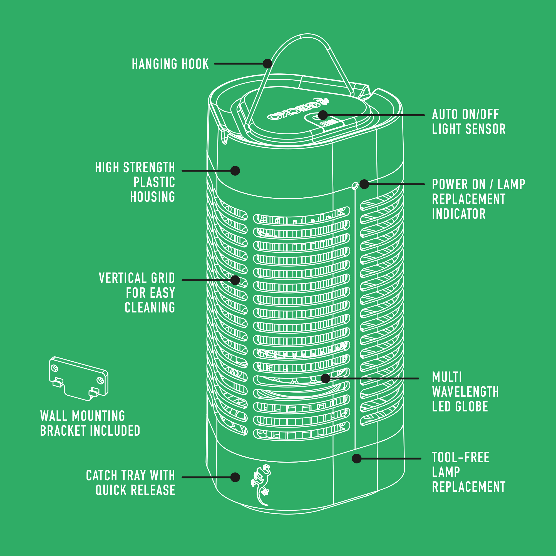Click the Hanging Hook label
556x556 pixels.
pyautogui.click(x=170, y=64)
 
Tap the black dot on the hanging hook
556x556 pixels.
pyautogui.click(x=268, y=64)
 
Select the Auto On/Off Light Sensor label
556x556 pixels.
pyautogui.click(x=468, y=122)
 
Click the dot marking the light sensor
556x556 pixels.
pyautogui.click(x=323, y=115)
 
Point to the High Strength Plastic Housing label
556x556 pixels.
pyautogui.click(x=135, y=182)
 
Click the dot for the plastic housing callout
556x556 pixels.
pyautogui.click(x=235, y=171)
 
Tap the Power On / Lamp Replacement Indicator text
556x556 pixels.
pyautogui.click(x=478, y=199)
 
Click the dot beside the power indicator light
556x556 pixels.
pyautogui.click(x=364, y=184)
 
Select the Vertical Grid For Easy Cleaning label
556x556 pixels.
pyautogui.click(x=137, y=293)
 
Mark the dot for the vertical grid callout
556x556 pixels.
pyautogui.click(x=235, y=280)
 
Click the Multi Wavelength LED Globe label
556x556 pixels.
pyautogui.click(x=465, y=392)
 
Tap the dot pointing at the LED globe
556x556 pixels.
pyautogui.click(x=326, y=378)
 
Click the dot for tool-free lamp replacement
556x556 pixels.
pyautogui.click(x=357, y=458)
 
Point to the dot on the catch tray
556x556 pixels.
pyautogui.click(x=235, y=477)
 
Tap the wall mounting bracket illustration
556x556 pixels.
pyautogui.click(x=79, y=378)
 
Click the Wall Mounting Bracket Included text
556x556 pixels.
pyautogui.click(x=90, y=423)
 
